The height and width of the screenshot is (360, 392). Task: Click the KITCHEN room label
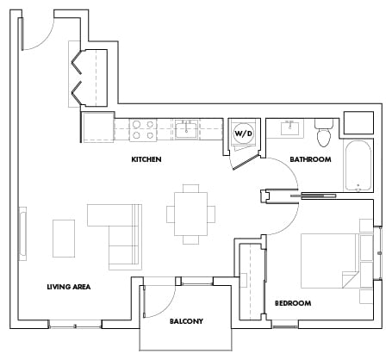pyautogui.click(x=146, y=159)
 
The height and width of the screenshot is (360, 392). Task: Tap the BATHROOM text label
pyautogui.click(x=310, y=159)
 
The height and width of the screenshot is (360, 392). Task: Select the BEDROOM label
pyautogui.click(x=292, y=303)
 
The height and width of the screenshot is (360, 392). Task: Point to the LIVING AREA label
pyautogui.click(x=70, y=286)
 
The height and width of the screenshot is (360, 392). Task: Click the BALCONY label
pyautogui.click(x=186, y=321)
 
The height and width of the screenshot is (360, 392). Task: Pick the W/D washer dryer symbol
pyautogui.click(x=243, y=133)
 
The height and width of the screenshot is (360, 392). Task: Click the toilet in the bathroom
pyautogui.click(x=325, y=133)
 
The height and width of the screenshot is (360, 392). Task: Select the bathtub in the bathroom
pyautogui.click(x=358, y=166)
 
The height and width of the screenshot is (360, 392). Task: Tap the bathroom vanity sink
pyautogui.click(x=289, y=129)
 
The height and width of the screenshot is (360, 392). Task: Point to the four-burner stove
pyautogui.click(x=143, y=129)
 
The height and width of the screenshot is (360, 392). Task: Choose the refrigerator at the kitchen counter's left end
pyautogui.click(x=97, y=128)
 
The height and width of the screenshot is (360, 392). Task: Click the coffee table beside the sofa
pyautogui.click(x=65, y=235)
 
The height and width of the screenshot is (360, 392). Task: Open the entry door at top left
pyautogui.click(x=36, y=32)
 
